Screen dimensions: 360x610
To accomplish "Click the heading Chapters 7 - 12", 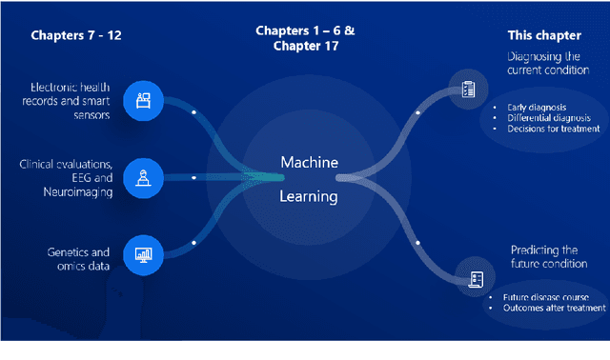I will point(76,36).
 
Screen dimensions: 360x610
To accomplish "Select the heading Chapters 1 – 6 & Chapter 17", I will point(305,38).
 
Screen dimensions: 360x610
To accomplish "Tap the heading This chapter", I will point(544,35).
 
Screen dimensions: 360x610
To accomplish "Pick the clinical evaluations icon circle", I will point(144,176).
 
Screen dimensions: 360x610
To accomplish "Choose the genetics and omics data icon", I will point(144,254).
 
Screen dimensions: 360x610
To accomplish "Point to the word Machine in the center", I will point(309,163).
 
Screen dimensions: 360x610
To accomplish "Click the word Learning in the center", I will point(308,197).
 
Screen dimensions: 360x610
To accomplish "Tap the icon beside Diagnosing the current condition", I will point(468,90).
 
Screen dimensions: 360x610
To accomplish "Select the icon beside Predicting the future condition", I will point(474,278).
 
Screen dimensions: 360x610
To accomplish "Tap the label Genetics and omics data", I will point(78,259).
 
